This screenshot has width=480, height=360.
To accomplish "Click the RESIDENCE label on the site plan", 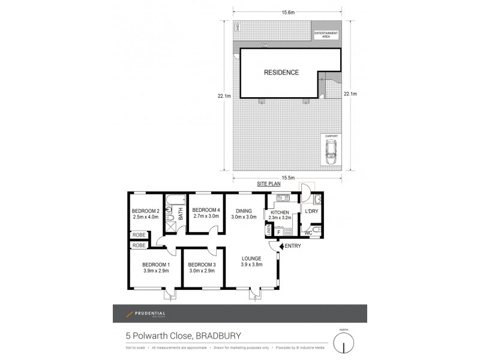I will coord(281,73).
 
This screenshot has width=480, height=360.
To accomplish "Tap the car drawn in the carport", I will coord(331,154).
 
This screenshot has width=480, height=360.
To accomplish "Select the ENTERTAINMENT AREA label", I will coord(326,35).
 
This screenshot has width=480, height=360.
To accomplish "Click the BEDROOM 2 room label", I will coord(145,211).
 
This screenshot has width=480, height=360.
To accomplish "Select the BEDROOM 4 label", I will coord(205,209).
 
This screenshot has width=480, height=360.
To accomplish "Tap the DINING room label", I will coord(244,211).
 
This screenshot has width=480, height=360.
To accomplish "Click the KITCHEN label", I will coord(280,212).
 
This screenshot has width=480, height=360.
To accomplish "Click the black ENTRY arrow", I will coord(282,246).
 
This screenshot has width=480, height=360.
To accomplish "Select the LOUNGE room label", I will coord(251,259).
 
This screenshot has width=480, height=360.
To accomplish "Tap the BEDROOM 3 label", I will coord(202,265).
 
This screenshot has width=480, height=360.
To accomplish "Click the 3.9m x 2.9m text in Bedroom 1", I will coord(155,271).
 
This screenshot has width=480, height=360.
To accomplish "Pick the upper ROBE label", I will coord(139,235).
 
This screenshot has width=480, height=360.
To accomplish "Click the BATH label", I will coord(179,211).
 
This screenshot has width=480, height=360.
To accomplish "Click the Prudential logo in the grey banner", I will coord(145,314).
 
